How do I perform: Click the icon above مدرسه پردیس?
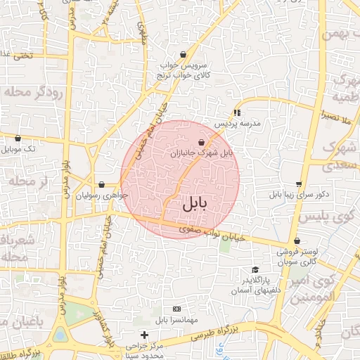tap(237, 112)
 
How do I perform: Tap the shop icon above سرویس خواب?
tap(183, 54)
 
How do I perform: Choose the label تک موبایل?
tap(20, 149)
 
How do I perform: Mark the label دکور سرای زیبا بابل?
tap(299, 195)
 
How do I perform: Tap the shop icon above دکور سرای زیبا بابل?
tap(299, 184)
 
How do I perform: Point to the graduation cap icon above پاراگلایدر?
tap(255, 270)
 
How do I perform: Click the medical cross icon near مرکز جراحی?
tap(145, 335)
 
